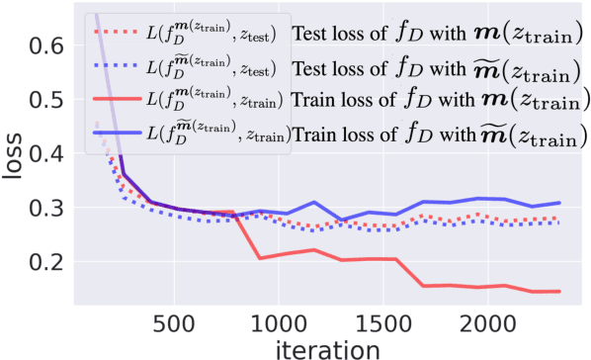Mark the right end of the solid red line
click(x=560, y=291)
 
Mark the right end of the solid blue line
click(x=560, y=203)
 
